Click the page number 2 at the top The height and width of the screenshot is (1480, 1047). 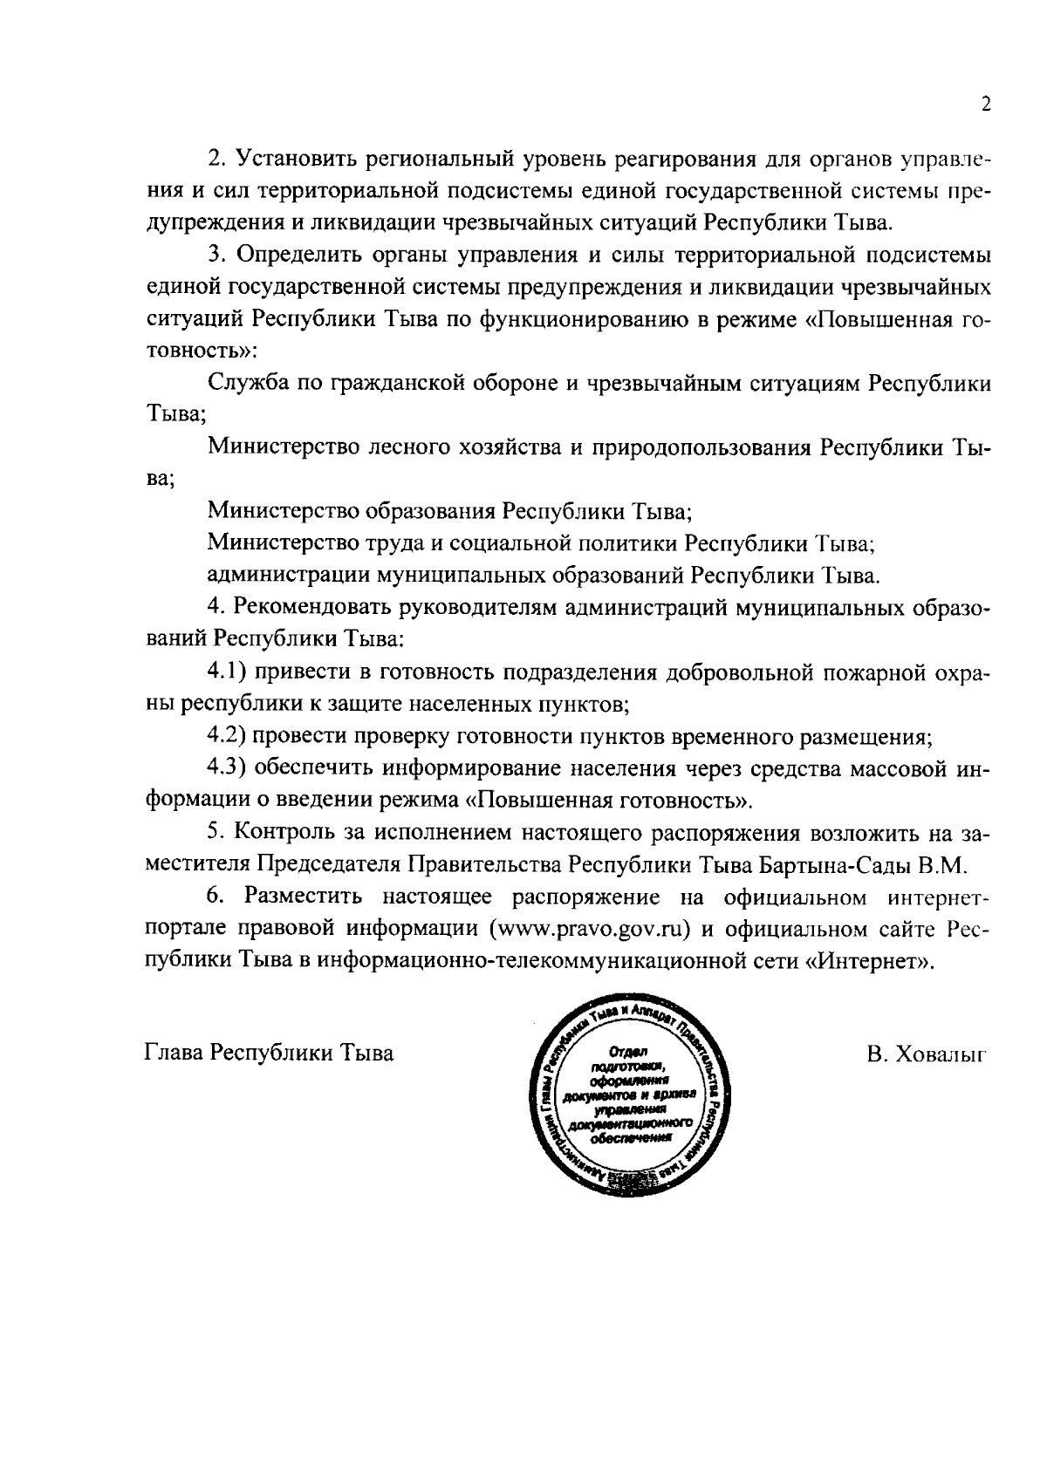click(986, 105)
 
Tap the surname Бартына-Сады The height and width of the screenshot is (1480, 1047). click(833, 865)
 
